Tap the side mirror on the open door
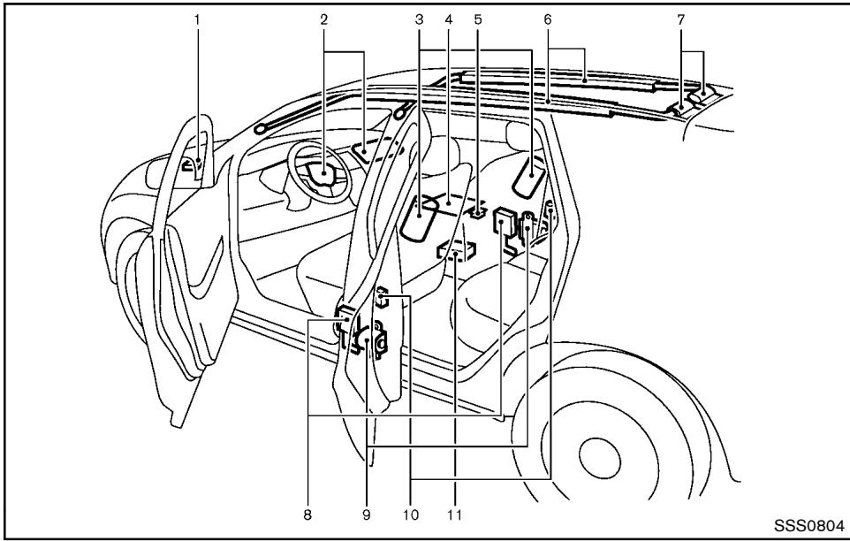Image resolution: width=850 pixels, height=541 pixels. click(192, 164)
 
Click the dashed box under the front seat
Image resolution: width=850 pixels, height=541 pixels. click(456, 254)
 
